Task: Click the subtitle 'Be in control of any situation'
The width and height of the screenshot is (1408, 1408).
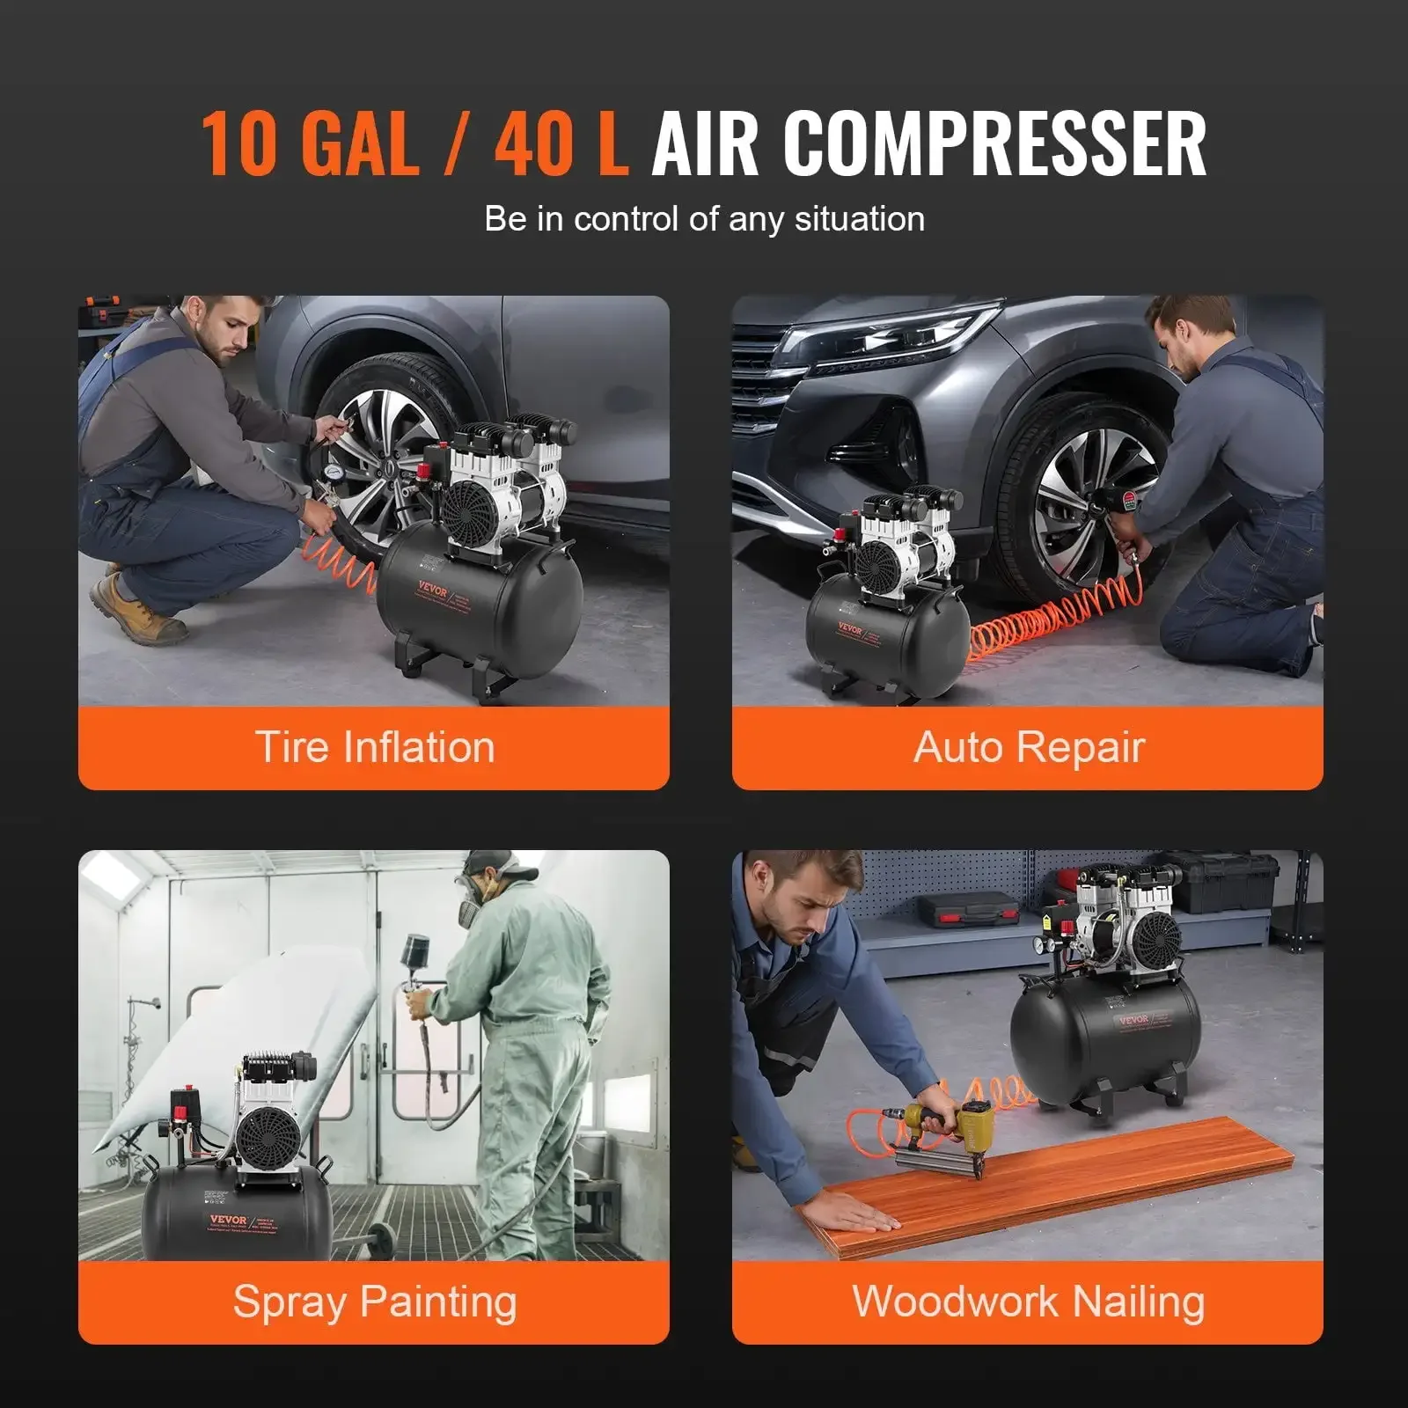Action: (x=704, y=219)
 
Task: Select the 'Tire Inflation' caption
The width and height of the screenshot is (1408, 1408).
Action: (x=374, y=747)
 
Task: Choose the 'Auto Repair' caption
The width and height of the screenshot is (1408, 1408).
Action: (x=1028, y=747)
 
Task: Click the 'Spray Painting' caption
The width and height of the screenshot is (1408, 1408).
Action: (x=374, y=1302)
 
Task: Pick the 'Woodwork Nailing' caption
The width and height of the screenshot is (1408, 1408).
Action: (x=1028, y=1302)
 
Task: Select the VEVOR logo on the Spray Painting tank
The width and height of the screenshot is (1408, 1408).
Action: (x=228, y=1220)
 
